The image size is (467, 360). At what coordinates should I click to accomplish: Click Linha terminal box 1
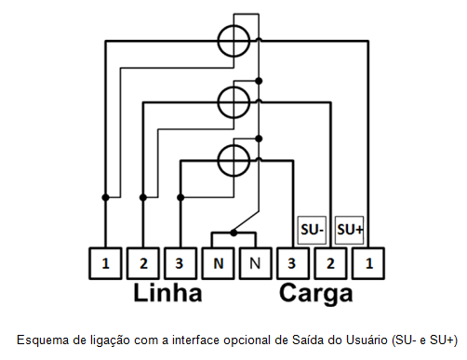pos(105,263)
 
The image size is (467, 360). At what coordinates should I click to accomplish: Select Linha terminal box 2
pos(143,263)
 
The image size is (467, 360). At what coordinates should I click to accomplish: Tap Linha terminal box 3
pos(180,263)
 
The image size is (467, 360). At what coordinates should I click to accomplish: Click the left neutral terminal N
pos(219,263)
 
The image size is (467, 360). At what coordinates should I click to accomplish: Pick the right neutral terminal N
pos(256,263)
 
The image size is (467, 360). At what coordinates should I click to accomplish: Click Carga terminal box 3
pos(293,263)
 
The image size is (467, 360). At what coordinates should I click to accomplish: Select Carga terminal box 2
pos(331,263)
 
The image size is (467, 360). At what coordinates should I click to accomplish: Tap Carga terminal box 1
pos(368,263)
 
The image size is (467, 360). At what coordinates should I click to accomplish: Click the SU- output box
pos(312,230)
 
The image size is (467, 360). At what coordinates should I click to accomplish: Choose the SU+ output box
pos(350,230)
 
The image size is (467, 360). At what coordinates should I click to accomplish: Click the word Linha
pos(167,292)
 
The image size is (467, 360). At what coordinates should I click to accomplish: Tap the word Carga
pos(316,294)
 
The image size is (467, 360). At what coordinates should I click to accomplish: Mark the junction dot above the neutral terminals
pos(233,233)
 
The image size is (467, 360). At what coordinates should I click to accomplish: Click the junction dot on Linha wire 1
pos(105,197)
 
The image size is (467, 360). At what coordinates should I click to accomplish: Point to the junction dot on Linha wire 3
pos(180,197)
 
